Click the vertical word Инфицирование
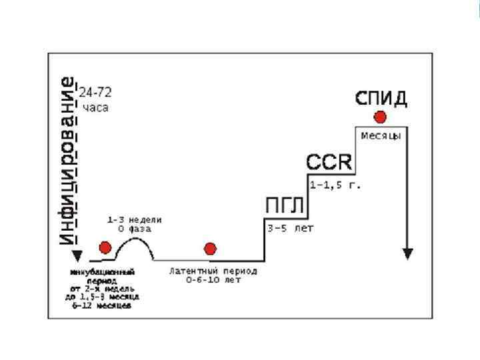coord(67,160)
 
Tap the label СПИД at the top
coord(381,99)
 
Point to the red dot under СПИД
coord(380,117)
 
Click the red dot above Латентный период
coord(211,249)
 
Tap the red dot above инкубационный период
coord(105,248)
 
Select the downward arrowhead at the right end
coord(408,254)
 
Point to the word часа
coord(95,107)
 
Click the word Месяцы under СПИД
coord(381,135)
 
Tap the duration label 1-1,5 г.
coord(335,185)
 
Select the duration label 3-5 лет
coord(290,228)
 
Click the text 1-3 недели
coord(135,219)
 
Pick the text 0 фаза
coord(135,229)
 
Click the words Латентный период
coord(213,271)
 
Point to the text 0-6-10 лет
coord(213,280)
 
